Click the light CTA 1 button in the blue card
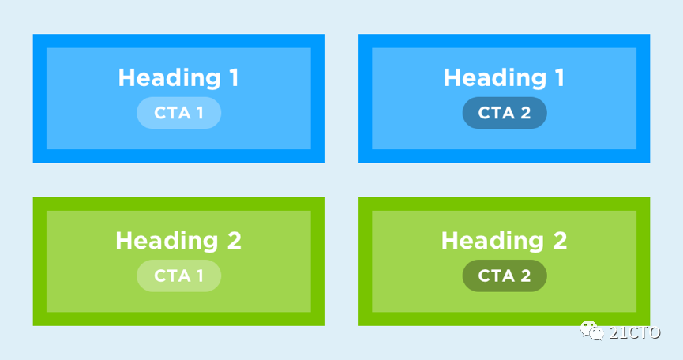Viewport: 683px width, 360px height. tap(178, 113)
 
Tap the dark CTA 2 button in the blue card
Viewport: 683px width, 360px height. tap(505, 113)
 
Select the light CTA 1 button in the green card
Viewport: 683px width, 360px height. tap(178, 276)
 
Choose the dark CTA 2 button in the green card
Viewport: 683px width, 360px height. tap(505, 276)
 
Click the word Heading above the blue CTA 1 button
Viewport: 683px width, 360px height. tap(170, 78)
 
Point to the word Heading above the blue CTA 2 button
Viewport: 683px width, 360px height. tap(495, 78)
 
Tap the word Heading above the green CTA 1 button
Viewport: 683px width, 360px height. tap(167, 241)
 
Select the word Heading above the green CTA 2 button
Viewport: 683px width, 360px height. tap(493, 241)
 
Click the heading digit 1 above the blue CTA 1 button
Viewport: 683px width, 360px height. tap(234, 77)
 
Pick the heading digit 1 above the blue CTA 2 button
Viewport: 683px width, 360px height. tap(560, 77)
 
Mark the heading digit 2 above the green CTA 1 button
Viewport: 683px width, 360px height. tap(235, 240)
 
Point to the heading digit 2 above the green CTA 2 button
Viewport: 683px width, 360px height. tap(560, 240)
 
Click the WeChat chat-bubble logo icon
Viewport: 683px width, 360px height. tap(591, 331)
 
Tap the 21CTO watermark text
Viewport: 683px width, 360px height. tap(635, 332)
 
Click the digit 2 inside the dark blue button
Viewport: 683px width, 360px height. tap(525, 113)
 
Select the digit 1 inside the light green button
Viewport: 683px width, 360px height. tap(200, 276)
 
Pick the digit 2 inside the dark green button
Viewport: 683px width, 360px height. tap(525, 276)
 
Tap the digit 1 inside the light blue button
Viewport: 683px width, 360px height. tap(200, 113)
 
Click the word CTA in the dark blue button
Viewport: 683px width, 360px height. tap(496, 113)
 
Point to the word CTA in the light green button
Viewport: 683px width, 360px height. tap(172, 276)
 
